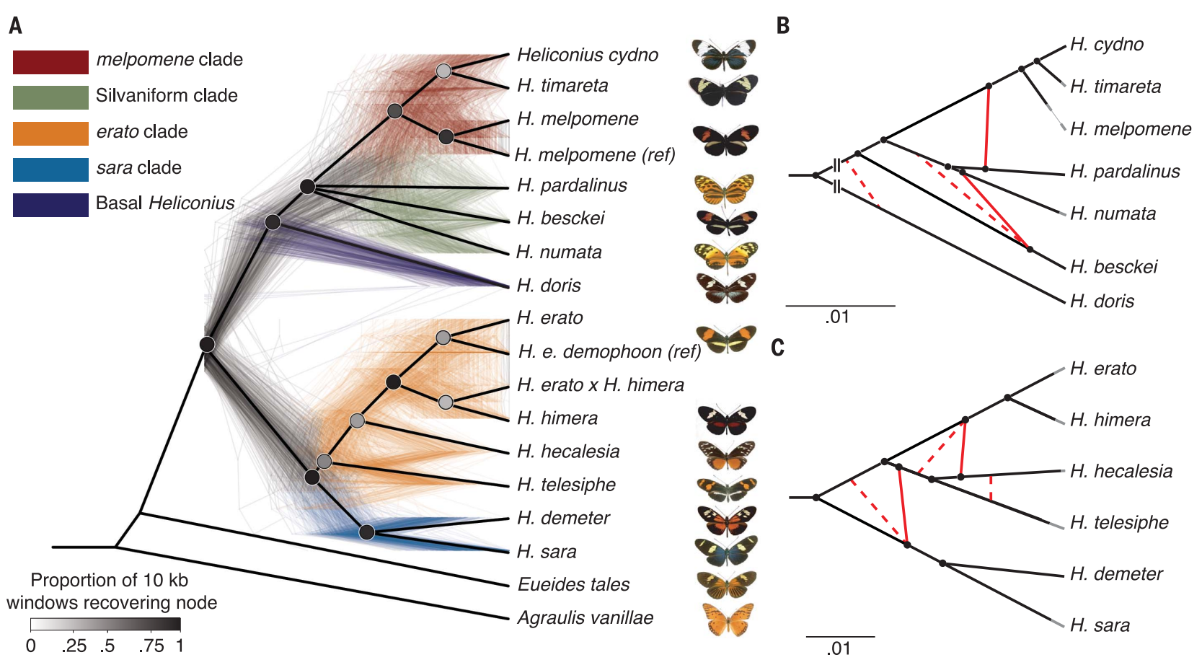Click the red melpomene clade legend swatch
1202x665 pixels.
(50, 62)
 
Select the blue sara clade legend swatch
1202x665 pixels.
(50, 169)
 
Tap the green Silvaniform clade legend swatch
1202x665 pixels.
(50, 97)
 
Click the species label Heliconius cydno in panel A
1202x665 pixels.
(587, 55)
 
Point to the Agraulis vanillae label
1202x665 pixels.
(585, 617)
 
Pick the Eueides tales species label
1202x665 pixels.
(573, 584)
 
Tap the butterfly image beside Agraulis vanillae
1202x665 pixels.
(728, 619)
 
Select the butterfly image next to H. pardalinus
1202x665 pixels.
(724, 189)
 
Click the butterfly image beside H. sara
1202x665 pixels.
(726, 551)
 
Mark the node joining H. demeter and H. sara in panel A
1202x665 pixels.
(367, 532)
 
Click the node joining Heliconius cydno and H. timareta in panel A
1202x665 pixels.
(444, 71)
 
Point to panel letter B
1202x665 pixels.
(783, 26)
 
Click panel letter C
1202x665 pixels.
(777, 348)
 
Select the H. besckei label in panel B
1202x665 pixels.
(1113, 267)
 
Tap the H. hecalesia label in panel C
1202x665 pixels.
(1121, 471)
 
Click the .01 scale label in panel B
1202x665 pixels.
(837, 317)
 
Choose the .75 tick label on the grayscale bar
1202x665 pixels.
(151, 646)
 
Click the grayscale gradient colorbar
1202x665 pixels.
(105, 625)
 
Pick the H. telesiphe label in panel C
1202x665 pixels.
(1119, 522)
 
